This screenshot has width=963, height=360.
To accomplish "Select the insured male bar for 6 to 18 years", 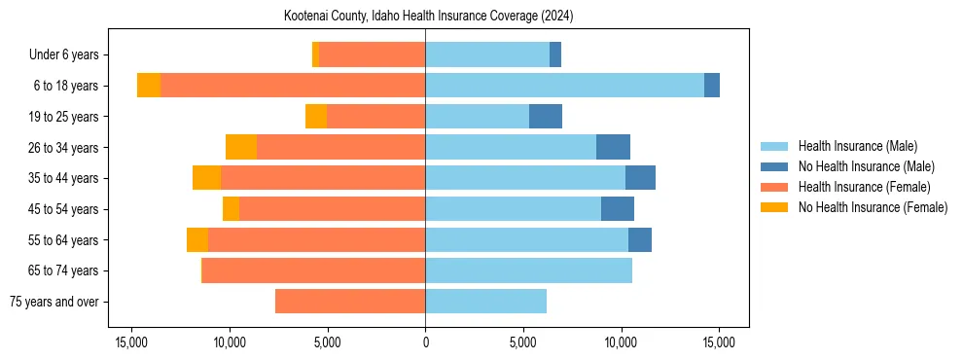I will point(564,86).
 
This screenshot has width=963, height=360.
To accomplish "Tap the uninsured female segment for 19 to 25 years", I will point(315,117).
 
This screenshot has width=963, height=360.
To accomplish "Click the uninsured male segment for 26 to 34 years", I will point(613,147).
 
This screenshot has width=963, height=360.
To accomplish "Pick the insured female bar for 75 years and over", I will point(350,302).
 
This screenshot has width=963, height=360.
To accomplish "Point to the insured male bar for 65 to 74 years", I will point(528,270).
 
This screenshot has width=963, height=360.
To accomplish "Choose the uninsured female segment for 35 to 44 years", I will point(206,178).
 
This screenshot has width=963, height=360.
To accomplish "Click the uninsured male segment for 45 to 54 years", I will point(618,209).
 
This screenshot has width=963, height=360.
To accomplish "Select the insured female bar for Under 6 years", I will point(372,55).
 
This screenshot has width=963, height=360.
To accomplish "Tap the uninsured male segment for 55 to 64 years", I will point(640,239).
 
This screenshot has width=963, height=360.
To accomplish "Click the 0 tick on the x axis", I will point(425,342).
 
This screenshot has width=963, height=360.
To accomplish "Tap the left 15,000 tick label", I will point(131,342).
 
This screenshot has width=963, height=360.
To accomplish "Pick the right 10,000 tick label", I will point(621,342).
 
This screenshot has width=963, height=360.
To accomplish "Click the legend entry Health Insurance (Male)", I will point(857,146).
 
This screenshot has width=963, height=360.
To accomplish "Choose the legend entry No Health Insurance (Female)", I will point(873,207).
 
